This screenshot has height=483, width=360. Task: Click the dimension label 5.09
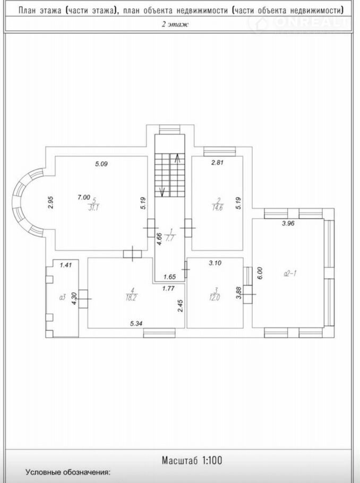(x=101, y=164)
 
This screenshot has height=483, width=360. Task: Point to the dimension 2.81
(x=217, y=162)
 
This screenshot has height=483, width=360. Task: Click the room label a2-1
(x=290, y=273)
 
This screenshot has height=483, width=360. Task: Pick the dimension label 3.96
(x=288, y=223)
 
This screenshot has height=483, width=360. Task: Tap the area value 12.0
(x=215, y=298)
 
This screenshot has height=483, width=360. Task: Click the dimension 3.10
(x=215, y=263)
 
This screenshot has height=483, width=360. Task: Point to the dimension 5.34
(x=137, y=323)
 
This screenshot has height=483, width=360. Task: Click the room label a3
(x=62, y=298)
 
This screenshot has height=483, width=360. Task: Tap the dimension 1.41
(x=66, y=265)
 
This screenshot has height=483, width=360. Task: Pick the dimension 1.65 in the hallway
(x=169, y=277)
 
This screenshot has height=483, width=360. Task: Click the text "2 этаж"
(x=175, y=24)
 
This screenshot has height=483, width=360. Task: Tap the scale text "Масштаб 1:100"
(x=192, y=460)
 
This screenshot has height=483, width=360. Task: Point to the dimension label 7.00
(x=83, y=197)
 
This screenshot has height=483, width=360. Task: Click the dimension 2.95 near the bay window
(x=52, y=203)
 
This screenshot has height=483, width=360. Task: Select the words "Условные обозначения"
(x=67, y=472)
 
